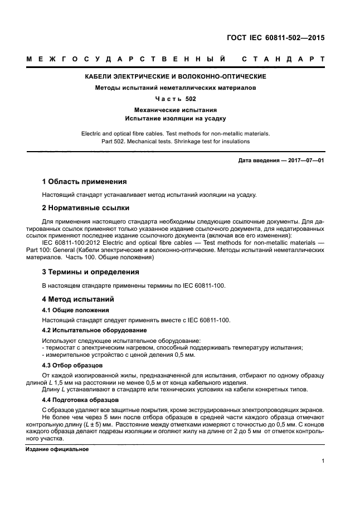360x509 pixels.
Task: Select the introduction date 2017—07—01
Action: pos(305,161)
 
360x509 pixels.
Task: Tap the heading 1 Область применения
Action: pos(85,182)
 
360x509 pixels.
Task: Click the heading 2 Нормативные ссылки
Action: pos(86,208)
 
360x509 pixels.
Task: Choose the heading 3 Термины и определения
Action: pos(91,272)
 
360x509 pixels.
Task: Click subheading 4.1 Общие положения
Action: pos(76,310)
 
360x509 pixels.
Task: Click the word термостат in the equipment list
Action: pos(62,348)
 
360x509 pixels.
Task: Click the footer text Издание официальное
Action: pos(57,449)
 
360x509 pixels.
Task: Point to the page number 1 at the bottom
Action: pos(323,460)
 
